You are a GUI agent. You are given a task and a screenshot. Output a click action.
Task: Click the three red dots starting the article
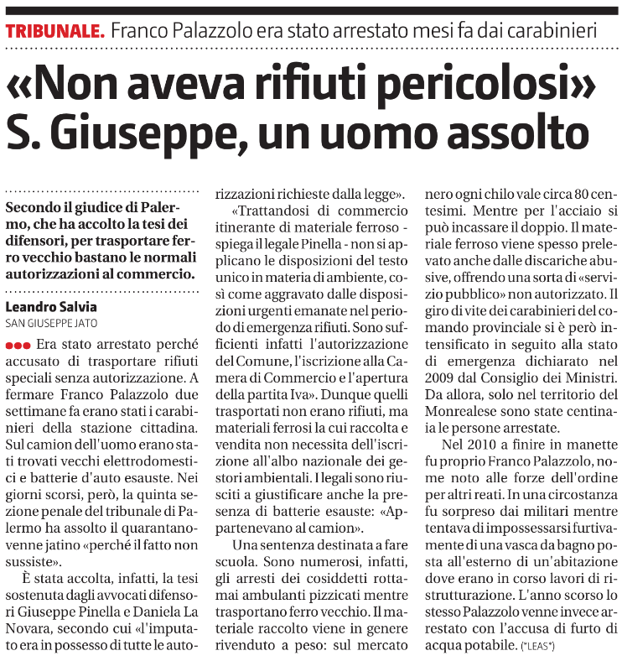(18, 345)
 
